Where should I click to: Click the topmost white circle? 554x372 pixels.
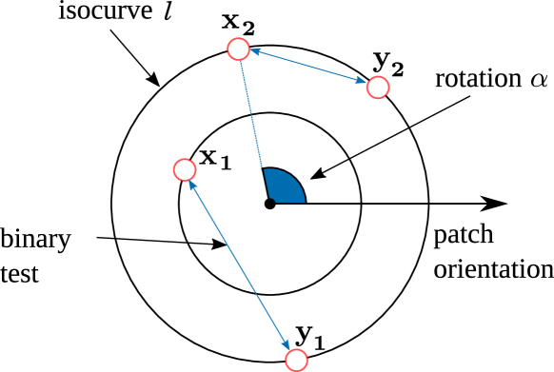pos(238,49)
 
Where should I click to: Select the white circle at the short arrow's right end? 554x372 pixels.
pos(378,88)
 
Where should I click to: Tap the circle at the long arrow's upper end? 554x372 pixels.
pos(185,169)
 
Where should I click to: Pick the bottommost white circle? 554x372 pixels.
pos(296,360)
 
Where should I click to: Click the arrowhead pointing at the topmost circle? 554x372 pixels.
pos(255,53)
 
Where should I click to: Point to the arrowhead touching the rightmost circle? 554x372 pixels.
pos(361,82)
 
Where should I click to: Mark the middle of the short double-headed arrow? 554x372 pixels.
pos(307,68)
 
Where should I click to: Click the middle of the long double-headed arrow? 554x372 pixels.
pos(240,264)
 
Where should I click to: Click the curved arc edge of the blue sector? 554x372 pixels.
pos(294,179)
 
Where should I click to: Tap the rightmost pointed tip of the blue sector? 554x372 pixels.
pos(304,202)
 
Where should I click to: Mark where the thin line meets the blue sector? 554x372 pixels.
pos(264,170)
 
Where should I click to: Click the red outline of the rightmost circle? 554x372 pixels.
pos(388,88)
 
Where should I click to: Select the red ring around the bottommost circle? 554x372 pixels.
pos(307,360)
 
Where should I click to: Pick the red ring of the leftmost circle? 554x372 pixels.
pos(174,169)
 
